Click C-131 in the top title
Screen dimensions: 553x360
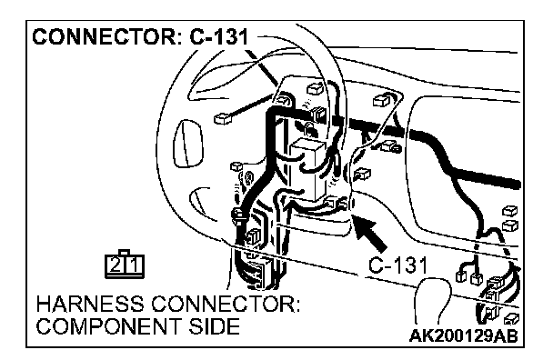coord(218,36)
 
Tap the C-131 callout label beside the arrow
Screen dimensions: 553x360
coord(397,265)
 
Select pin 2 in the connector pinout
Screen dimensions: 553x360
coord(115,265)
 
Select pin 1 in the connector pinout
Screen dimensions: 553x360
coord(134,265)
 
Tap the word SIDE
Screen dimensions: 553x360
coord(214,326)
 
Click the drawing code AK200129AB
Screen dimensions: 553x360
coord(464,336)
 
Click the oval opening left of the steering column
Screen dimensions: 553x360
coord(188,143)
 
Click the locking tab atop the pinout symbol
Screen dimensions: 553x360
coord(124,252)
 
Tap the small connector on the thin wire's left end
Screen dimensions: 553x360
coord(223,118)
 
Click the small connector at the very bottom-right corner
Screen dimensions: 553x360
coord(511,319)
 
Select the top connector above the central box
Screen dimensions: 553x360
coord(315,88)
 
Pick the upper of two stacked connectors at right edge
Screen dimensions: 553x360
coord(510,211)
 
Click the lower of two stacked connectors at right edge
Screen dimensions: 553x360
coord(510,225)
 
